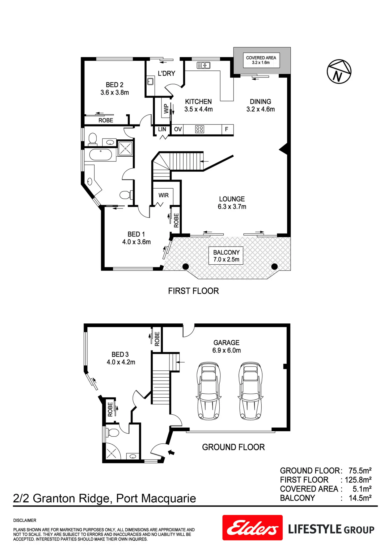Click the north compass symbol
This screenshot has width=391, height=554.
(x=339, y=72)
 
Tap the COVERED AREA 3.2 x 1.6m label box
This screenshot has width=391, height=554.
(x=261, y=60)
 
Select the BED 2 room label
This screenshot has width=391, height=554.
(x=114, y=89)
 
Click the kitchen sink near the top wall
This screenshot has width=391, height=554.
(x=203, y=65)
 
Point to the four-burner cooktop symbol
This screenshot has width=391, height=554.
(x=199, y=129)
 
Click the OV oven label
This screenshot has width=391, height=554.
(x=178, y=129)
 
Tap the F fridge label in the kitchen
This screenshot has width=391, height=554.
(x=227, y=129)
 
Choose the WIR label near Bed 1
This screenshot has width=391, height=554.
(x=163, y=195)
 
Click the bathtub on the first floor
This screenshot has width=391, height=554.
(x=101, y=155)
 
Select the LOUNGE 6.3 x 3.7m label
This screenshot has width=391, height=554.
(x=232, y=203)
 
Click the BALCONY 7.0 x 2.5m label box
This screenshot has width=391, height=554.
(x=226, y=256)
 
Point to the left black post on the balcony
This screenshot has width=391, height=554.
(x=186, y=266)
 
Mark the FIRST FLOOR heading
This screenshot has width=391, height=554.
(x=193, y=291)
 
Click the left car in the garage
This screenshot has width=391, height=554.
(x=209, y=391)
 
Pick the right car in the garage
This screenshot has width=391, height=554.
(x=250, y=391)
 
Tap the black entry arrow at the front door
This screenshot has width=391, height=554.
(x=171, y=452)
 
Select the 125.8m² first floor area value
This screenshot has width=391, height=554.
(x=358, y=480)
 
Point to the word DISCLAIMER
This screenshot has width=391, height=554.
(x=25, y=520)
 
